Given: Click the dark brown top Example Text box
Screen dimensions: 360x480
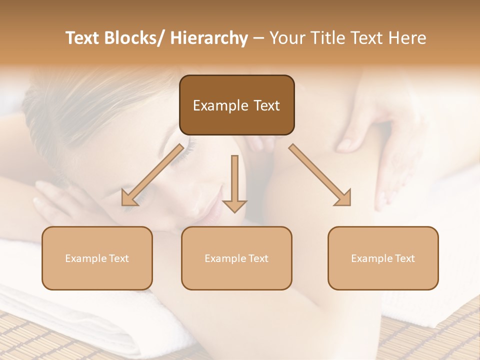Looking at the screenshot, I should (x=236, y=105).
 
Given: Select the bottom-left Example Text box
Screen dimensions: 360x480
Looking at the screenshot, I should (x=97, y=258).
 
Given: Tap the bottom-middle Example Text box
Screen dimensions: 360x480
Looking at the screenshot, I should (x=236, y=258).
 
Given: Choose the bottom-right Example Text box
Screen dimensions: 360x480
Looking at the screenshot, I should (x=383, y=258).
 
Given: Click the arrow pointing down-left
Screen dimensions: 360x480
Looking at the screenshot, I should (x=152, y=175).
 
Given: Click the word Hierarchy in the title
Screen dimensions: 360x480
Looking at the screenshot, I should (x=209, y=38).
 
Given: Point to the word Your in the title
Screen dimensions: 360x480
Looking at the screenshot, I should (x=286, y=38).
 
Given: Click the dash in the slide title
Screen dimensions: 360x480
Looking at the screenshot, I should (x=258, y=38).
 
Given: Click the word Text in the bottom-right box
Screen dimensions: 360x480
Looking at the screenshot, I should (x=403, y=258).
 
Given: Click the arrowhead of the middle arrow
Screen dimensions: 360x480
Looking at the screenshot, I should (x=234, y=205).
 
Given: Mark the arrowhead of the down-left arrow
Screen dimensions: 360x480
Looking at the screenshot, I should (x=129, y=198).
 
